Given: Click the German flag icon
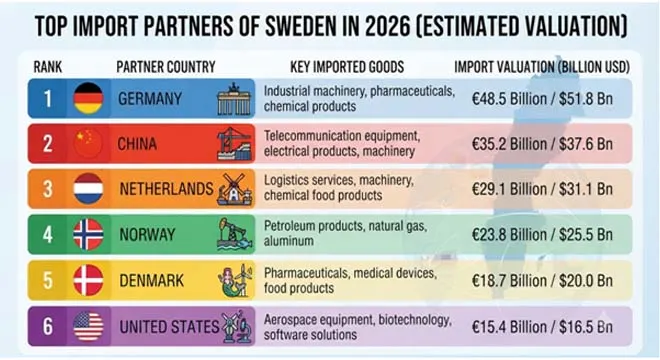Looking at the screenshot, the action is [88, 98].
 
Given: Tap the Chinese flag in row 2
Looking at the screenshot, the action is [88, 144].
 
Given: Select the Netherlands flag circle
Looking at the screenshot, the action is [88, 189].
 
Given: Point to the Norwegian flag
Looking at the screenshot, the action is [88, 235].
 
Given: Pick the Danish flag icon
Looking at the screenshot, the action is [88, 280].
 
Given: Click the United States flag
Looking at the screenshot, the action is [88, 326].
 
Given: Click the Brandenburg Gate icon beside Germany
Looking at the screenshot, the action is [234, 99].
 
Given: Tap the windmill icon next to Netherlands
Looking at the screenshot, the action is [235, 189].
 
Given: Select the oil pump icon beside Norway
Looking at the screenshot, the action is [234, 235].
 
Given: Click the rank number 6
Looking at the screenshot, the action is [48, 326].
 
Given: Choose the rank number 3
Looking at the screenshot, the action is [48, 189].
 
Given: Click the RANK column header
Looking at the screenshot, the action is [48, 67].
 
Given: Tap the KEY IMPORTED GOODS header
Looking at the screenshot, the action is [347, 67].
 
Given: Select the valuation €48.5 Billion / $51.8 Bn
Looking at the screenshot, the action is [542, 99].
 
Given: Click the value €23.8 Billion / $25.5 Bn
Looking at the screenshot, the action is [542, 235].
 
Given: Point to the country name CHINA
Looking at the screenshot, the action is [137, 144].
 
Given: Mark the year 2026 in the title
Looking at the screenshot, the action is [387, 26].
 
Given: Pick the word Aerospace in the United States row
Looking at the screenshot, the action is [290, 320].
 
